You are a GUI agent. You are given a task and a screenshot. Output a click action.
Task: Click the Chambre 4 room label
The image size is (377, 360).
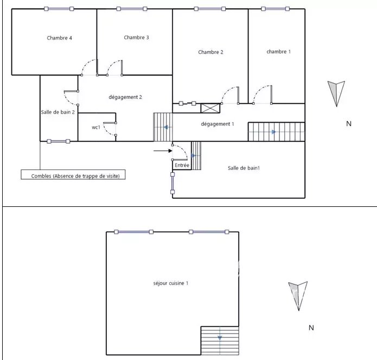(x=59, y=38)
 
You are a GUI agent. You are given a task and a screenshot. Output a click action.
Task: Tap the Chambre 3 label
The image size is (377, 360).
(x=136, y=37)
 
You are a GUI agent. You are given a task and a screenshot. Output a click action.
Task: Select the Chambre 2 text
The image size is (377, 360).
(x=210, y=52)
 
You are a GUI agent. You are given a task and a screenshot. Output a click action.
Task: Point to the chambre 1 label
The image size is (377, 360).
(x=279, y=52)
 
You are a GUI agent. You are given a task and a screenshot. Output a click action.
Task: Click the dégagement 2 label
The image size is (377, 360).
(x=125, y=97)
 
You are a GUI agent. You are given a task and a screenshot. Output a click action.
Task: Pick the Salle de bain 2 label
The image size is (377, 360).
(x=57, y=112)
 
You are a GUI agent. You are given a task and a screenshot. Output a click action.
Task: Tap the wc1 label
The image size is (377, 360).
(x=96, y=127)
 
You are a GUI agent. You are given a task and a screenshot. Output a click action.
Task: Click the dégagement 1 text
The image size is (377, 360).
(x=218, y=124)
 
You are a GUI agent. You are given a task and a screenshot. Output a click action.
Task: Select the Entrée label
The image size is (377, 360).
(x=182, y=165)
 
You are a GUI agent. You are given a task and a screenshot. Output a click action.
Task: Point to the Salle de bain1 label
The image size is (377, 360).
(x=244, y=168)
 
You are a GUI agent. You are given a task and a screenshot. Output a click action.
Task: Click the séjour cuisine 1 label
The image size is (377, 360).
(x=171, y=283)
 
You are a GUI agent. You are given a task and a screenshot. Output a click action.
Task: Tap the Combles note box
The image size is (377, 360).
(x=73, y=174)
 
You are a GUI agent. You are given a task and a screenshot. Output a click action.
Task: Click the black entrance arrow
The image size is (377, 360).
(x=163, y=151)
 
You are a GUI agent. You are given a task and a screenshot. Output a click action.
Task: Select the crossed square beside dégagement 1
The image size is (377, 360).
(x=210, y=108)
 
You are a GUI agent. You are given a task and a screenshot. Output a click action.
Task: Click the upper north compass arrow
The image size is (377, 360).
(x=336, y=93)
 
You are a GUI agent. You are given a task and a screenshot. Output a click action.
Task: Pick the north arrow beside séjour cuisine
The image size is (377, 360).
(x=298, y=296)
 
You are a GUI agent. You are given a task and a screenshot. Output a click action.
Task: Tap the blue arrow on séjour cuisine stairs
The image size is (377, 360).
(x=220, y=338)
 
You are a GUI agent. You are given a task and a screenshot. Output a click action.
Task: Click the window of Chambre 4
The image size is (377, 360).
(x=59, y=9)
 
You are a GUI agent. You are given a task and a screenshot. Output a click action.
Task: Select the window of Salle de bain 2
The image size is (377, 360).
(x=59, y=141)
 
